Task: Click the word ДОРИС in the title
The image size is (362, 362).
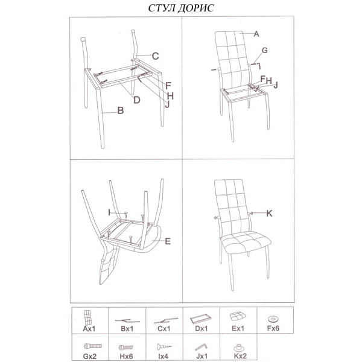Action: pyautogui.click(x=196, y=8)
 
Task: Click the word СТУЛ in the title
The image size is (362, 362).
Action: pyautogui.click(x=162, y=8)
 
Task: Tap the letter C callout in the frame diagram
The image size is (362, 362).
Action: pyautogui.click(x=156, y=56)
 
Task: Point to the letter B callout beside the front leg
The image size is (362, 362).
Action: pyautogui.click(x=121, y=110)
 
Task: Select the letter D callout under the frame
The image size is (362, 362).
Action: pyautogui.click(x=137, y=100)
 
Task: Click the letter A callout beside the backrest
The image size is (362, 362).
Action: pyautogui.click(x=256, y=34)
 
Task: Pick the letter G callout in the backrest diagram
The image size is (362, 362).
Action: pyautogui.click(x=265, y=50)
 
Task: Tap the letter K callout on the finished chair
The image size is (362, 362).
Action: pyautogui.click(x=269, y=214)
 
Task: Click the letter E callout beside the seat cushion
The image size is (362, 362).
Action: pyautogui.click(x=168, y=241)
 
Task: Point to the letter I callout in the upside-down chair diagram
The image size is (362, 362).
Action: pyautogui.click(x=109, y=212)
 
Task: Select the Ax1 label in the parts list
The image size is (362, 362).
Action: pyautogui.click(x=89, y=329)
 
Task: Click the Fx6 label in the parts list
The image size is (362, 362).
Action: pyautogui.click(x=273, y=328)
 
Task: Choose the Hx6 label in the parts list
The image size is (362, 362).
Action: pyautogui.click(x=126, y=356)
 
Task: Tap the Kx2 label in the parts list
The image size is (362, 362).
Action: pyautogui.click(x=240, y=356)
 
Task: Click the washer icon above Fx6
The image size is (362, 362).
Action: pyautogui.click(x=273, y=319)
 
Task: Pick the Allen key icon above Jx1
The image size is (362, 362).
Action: pyautogui.click(x=201, y=347)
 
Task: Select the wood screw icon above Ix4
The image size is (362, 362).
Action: pyautogui.click(x=164, y=346)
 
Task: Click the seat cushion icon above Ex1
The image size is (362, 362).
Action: pyautogui.click(x=238, y=317)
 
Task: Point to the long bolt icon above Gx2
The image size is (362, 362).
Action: pyautogui.click(x=93, y=346)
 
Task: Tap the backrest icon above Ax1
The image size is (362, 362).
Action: pyautogui.click(x=87, y=317)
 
